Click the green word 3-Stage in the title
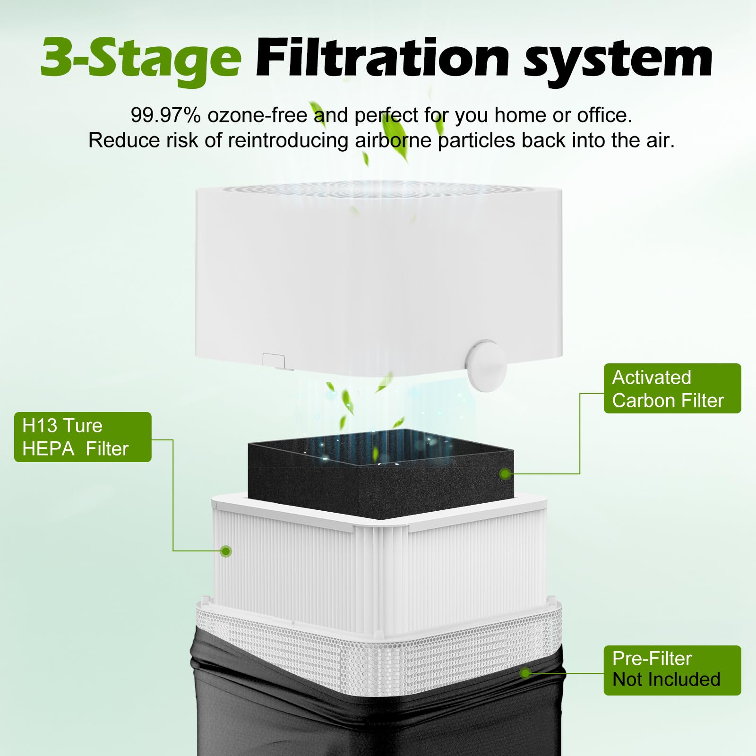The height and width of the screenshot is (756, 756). pos(141,59)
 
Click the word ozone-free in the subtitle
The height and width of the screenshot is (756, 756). pos(258,115)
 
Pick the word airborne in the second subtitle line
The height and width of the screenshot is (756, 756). pos(393,140)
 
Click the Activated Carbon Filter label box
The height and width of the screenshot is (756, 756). pos(672,388)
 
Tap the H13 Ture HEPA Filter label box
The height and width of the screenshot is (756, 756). pos(83,437)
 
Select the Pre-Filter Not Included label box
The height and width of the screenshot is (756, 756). pos(672,670)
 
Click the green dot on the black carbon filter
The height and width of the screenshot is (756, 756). pos(505,473)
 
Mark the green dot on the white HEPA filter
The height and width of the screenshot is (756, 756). pos(226,551)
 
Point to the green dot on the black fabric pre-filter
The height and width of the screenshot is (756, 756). pos(525,673)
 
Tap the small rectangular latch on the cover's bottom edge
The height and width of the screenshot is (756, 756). pos(274,361)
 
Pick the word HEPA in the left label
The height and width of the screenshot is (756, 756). pos(48,449)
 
